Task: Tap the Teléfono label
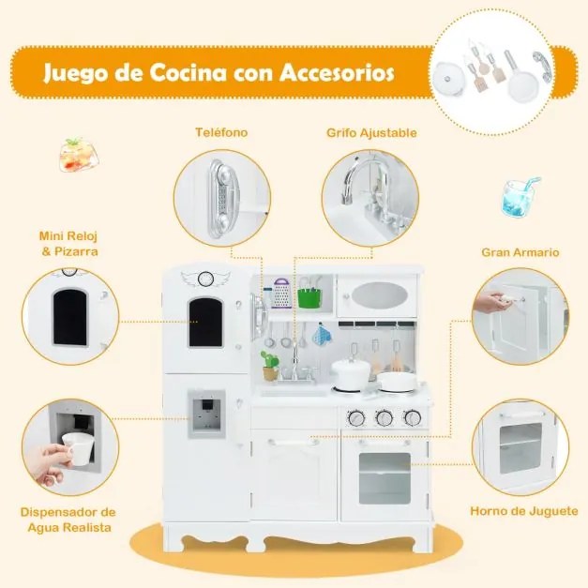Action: click(222, 132)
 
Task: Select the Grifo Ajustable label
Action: click(372, 132)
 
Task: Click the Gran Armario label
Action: click(520, 252)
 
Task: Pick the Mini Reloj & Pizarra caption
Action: click(69, 245)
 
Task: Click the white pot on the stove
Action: click(349, 373)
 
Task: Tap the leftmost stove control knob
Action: click(357, 418)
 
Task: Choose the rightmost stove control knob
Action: click(411, 418)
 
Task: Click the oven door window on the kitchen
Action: click(384, 476)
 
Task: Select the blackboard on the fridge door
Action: click(205, 320)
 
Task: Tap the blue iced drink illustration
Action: click(519, 198)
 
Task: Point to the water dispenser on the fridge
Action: click(205, 414)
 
